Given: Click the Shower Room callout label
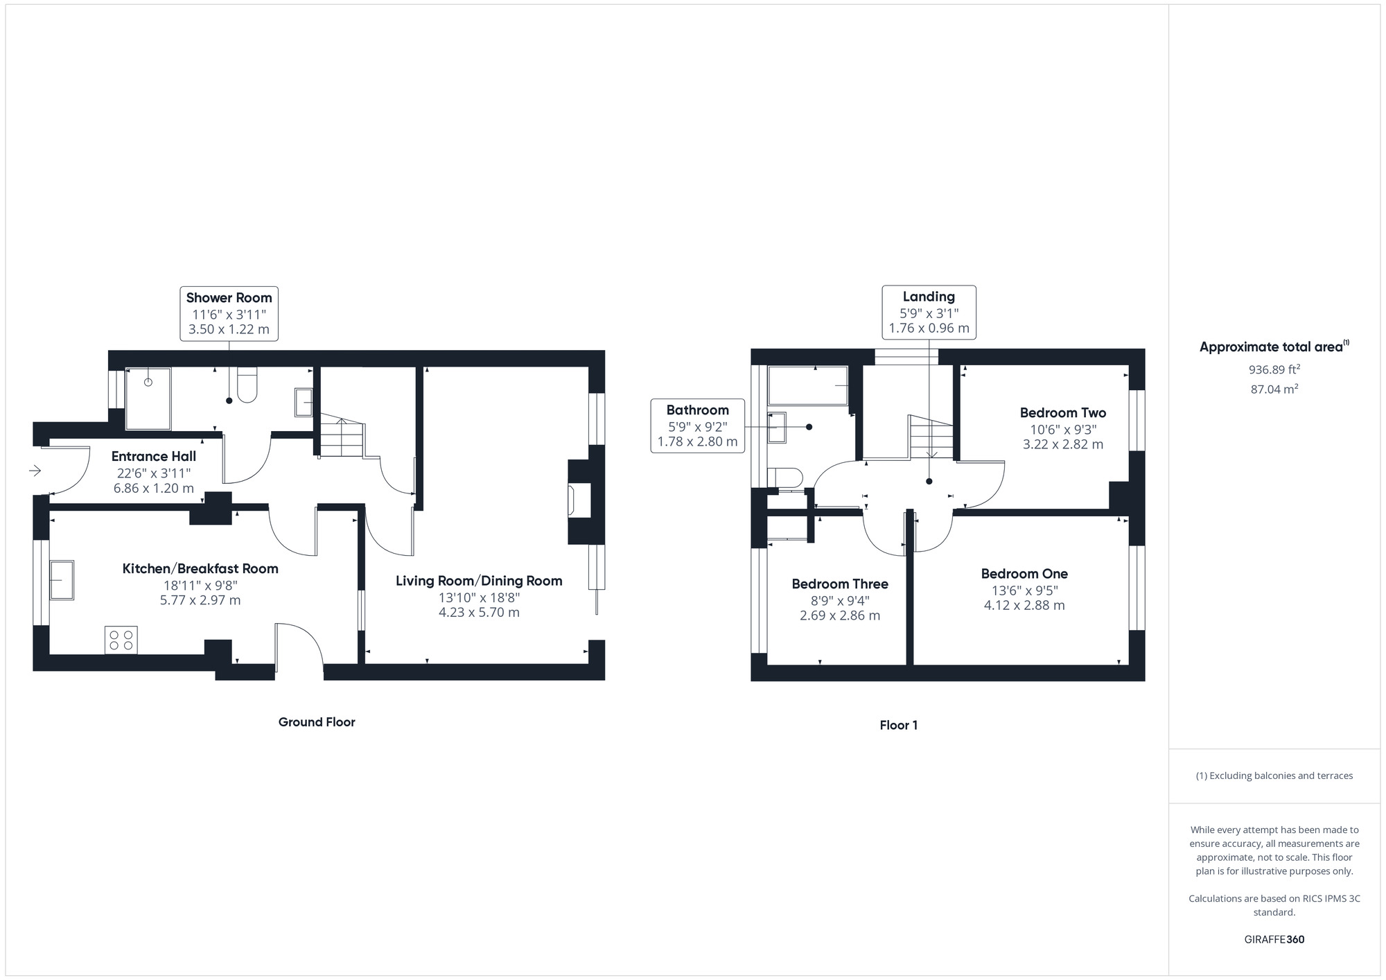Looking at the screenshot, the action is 229,313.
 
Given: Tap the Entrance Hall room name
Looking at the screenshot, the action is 154,456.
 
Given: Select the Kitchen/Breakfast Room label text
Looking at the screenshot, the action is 200,568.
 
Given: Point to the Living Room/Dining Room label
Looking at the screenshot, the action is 479,581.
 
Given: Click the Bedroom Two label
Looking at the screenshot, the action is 1063,413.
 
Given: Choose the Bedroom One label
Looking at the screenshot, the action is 1024,574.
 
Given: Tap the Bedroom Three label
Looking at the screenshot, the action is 840,584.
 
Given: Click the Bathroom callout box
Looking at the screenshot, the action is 698,426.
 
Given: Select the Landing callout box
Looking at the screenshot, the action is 929,312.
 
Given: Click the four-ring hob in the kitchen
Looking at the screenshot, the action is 121,640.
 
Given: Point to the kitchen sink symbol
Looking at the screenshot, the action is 62,579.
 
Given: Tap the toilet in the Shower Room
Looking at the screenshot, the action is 247,385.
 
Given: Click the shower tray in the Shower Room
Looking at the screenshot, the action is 148,399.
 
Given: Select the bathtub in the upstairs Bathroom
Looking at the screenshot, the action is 808,385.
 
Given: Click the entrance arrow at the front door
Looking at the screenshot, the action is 35,471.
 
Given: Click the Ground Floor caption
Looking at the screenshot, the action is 317,722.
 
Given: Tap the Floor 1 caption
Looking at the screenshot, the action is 899,726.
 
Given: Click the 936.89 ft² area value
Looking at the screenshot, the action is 1274,369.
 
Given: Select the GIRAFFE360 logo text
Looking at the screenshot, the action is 1274,940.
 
